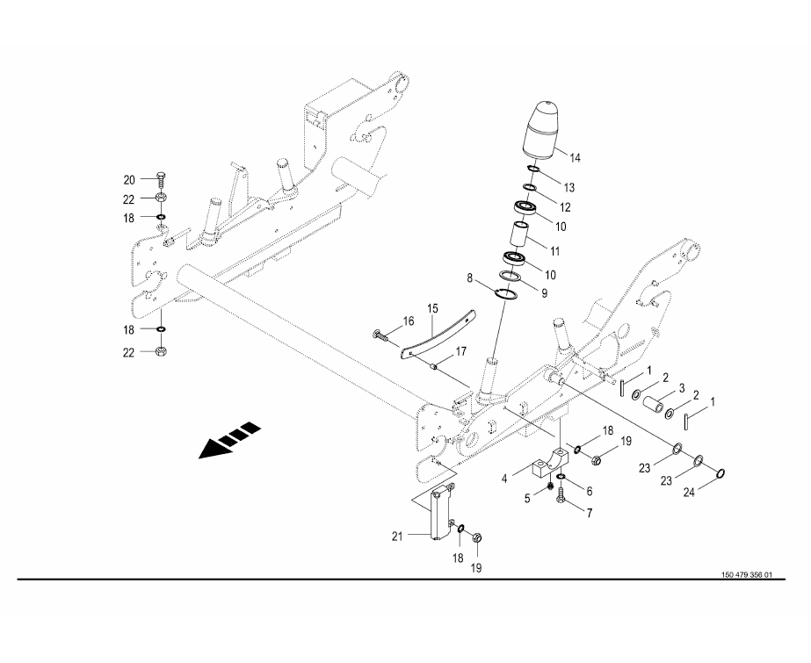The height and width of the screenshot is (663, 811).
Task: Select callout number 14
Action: (x=576, y=158)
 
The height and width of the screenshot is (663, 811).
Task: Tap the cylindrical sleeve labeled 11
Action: (x=519, y=234)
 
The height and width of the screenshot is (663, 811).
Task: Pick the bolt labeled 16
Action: (x=380, y=336)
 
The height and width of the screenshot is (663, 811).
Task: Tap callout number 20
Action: (x=129, y=180)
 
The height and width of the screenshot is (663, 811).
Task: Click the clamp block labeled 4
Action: (x=550, y=462)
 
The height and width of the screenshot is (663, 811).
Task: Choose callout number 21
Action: (x=396, y=537)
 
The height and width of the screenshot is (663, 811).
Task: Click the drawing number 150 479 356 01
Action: (x=746, y=574)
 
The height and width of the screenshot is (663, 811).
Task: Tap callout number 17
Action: (x=460, y=352)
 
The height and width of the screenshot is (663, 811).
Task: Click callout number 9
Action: (x=544, y=293)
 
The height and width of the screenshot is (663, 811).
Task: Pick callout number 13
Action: (x=569, y=187)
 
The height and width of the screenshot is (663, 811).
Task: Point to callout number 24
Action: (x=689, y=493)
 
